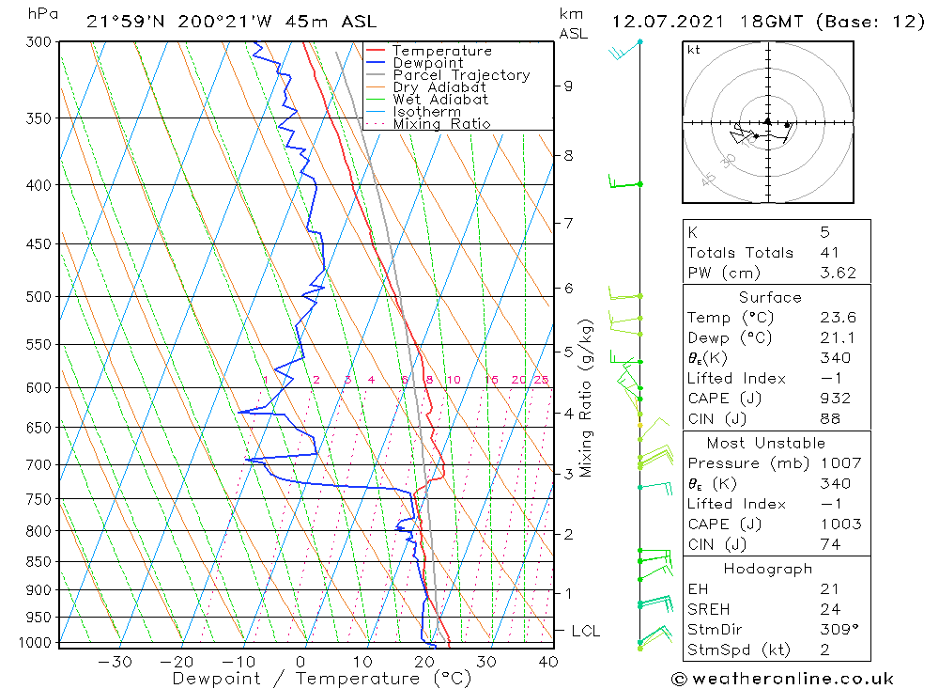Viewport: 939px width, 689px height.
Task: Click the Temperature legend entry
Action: click(441, 51)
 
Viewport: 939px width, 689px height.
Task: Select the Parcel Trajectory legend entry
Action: click(461, 75)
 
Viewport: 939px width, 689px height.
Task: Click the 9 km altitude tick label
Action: click(568, 86)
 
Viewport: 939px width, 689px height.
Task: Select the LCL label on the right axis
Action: click(585, 631)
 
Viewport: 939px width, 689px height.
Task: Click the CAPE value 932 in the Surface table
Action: click(835, 399)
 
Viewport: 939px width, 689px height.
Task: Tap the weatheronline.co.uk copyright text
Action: click(782, 679)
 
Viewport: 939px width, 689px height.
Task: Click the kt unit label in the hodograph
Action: click(694, 50)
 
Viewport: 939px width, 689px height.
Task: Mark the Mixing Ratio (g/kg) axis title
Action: click(587, 399)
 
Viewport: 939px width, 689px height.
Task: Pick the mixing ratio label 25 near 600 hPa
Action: click(541, 380)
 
